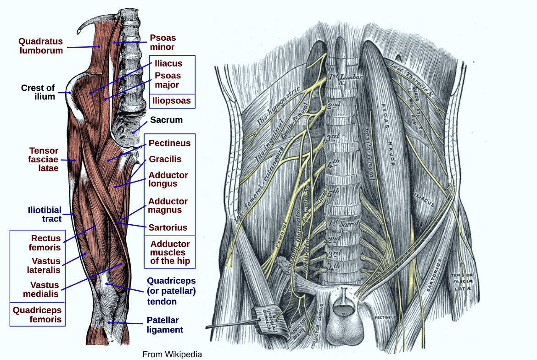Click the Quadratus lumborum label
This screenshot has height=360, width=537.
[x=41, y=46]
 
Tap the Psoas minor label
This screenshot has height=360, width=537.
[x=163, y=42]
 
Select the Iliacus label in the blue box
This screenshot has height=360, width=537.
[x=168, y=64]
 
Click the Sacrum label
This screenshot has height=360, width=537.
[x=167, y=120]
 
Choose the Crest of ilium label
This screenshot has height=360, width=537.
[x=38, y=92]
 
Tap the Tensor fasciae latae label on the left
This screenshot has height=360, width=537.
[x=44, y=159]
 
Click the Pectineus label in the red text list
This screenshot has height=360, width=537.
[x=169, y=143]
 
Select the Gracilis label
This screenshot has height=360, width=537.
[x=165, y=159]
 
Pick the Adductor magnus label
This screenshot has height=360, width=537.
[x=168, y=205]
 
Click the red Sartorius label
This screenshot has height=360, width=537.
[x=168, y=227]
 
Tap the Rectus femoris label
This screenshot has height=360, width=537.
[x=46, y=243]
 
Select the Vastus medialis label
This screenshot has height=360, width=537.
[x=45, y=289]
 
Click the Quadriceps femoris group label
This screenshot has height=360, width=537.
[x=37, y=315]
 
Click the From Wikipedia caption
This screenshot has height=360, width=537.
[x=172, y=354]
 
